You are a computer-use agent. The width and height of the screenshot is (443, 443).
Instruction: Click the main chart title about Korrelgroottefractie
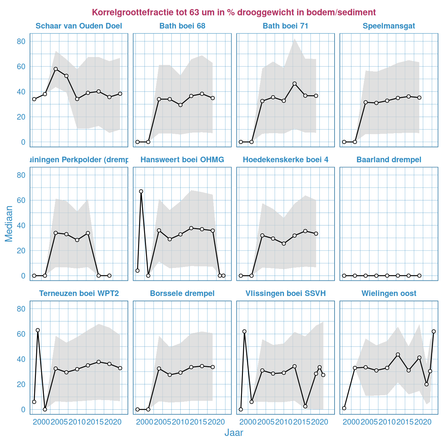234,13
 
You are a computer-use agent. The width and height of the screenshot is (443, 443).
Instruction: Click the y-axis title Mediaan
9,223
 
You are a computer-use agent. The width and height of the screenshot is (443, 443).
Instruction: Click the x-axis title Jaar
234,433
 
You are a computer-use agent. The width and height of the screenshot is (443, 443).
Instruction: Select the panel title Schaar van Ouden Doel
79,26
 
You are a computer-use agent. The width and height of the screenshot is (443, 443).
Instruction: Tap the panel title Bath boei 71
285,26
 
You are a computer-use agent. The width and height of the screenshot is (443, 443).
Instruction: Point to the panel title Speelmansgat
389,26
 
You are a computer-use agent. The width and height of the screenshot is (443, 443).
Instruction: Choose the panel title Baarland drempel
389,160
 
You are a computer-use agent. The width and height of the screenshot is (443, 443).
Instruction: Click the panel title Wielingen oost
389,293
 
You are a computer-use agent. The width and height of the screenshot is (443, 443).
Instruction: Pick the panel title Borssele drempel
182,293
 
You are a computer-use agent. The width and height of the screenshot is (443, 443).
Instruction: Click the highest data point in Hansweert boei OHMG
141,191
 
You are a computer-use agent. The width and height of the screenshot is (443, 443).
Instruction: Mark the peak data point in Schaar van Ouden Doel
56,69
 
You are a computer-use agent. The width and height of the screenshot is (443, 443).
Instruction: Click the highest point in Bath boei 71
294,84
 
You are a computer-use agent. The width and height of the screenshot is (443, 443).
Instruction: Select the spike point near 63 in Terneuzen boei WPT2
38,330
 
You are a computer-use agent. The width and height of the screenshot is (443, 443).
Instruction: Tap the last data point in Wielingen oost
433,331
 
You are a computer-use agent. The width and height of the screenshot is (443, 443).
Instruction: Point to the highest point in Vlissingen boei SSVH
244,331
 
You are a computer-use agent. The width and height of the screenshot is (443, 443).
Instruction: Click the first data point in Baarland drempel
344,276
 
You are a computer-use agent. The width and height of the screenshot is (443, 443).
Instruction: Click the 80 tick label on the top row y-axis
21,42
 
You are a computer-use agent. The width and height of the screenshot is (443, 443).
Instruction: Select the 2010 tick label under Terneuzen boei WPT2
77,422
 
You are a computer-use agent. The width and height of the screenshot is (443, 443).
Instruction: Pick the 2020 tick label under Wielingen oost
423,422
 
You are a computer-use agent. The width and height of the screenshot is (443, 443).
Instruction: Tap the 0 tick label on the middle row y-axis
23,276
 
